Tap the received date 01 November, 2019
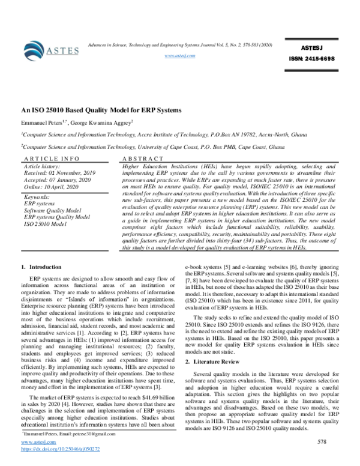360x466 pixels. point(62,171)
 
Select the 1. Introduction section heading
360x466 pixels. point(41,267)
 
